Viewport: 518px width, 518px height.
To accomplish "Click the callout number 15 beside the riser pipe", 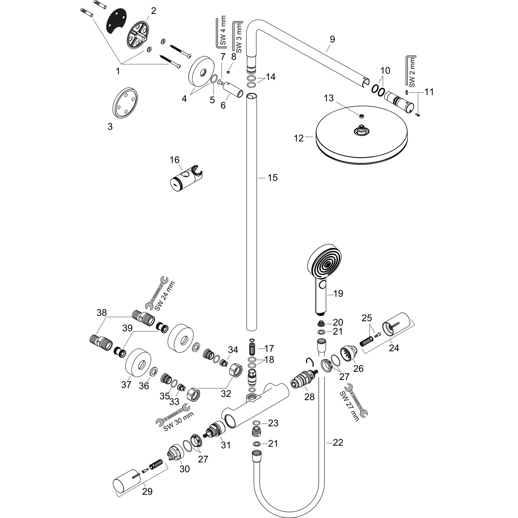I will (273, 178).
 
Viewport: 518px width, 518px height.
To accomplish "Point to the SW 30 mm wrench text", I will (179, 421).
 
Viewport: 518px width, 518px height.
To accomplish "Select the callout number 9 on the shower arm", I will (332, 39).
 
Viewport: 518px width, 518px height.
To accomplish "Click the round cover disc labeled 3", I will (125, 103).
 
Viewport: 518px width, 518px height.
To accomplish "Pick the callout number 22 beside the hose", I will (338, 442).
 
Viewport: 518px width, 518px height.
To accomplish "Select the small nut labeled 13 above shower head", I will (362, 116).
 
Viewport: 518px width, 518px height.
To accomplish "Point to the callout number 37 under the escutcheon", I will (126, 384).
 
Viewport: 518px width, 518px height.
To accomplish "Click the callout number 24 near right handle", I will (394, 348).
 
